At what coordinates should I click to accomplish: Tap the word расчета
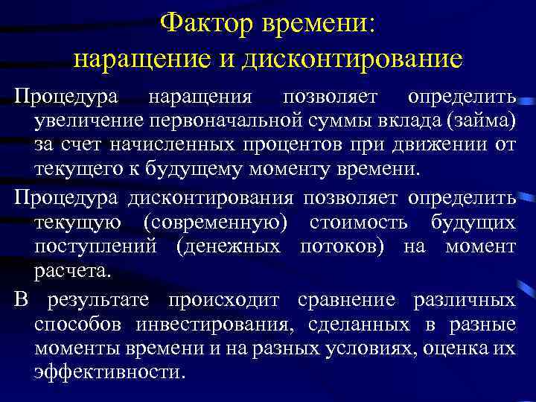tap(71, 270)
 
